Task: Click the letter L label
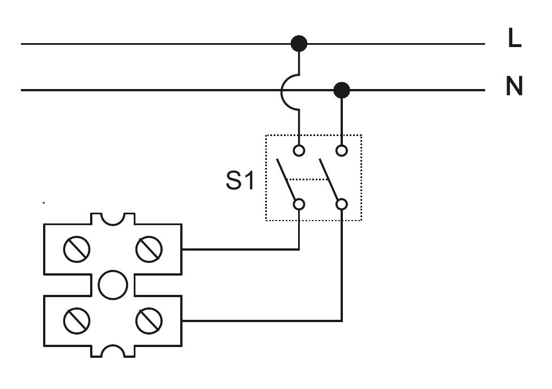click(x=514, y=39)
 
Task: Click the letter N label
click(x=514, y=87)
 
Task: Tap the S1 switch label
click(x=240, y=180)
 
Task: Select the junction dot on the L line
click(x=299, y=43)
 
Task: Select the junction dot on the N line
click(x=341, y=90)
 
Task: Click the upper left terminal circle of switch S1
click(x=299, y=151)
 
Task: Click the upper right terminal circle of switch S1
click(x=341, y=151)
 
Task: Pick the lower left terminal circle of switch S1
click(x=299, y=204)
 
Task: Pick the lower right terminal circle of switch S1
click(x=341, y=204)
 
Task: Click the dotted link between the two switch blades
click(x=308, y=179)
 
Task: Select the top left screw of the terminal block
click(x=77, y=249)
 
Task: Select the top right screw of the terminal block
click(x=149, y=249)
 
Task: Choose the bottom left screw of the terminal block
click(x=77, y=321)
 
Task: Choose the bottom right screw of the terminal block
click(x=149, y=321)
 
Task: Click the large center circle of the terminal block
click(x=113, y=285)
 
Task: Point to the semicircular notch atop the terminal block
click(x=113, y=219)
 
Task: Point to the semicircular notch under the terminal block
click(x=113, y=352)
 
